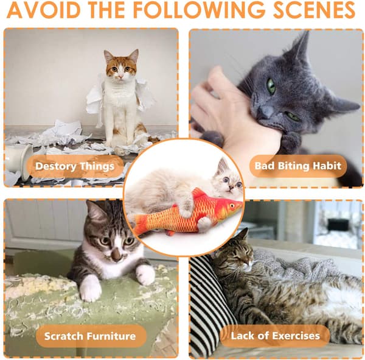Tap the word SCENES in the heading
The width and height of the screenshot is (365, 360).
pos(314,10)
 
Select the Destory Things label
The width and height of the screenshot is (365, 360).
pos(75,166)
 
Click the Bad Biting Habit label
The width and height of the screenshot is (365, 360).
pos(298,166)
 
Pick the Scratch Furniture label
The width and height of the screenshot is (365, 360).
pos(90,336)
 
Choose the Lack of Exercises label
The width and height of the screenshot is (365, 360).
pos(275,336)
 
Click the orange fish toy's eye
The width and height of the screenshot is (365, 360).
pos(232,206)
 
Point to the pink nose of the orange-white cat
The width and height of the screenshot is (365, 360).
pos(120,77)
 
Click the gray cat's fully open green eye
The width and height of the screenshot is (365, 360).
pos(271,86)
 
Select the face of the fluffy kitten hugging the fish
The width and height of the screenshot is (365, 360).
pos(229,181)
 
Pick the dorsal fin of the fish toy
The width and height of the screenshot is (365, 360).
pos(198,193)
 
